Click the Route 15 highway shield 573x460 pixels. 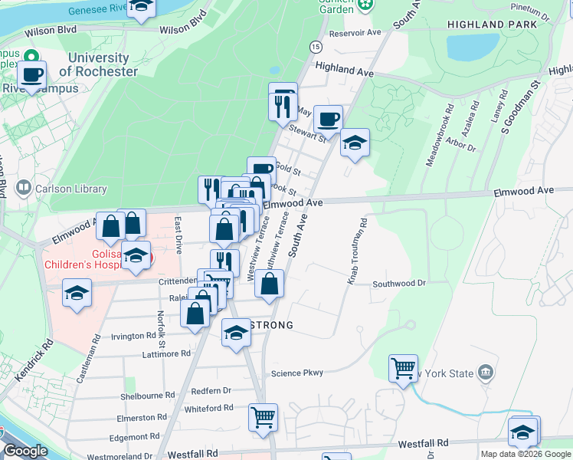[316, 47]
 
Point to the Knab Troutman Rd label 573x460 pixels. [357, 251]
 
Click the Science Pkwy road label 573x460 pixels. [297, 373]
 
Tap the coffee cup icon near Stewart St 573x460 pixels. [328, 120]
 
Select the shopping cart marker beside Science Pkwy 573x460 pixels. [403, 368]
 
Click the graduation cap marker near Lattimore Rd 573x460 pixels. [236, 333]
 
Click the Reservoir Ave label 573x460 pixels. [355, 33]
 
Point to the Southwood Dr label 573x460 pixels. [398, 284]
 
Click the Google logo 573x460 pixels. [25, 451]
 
